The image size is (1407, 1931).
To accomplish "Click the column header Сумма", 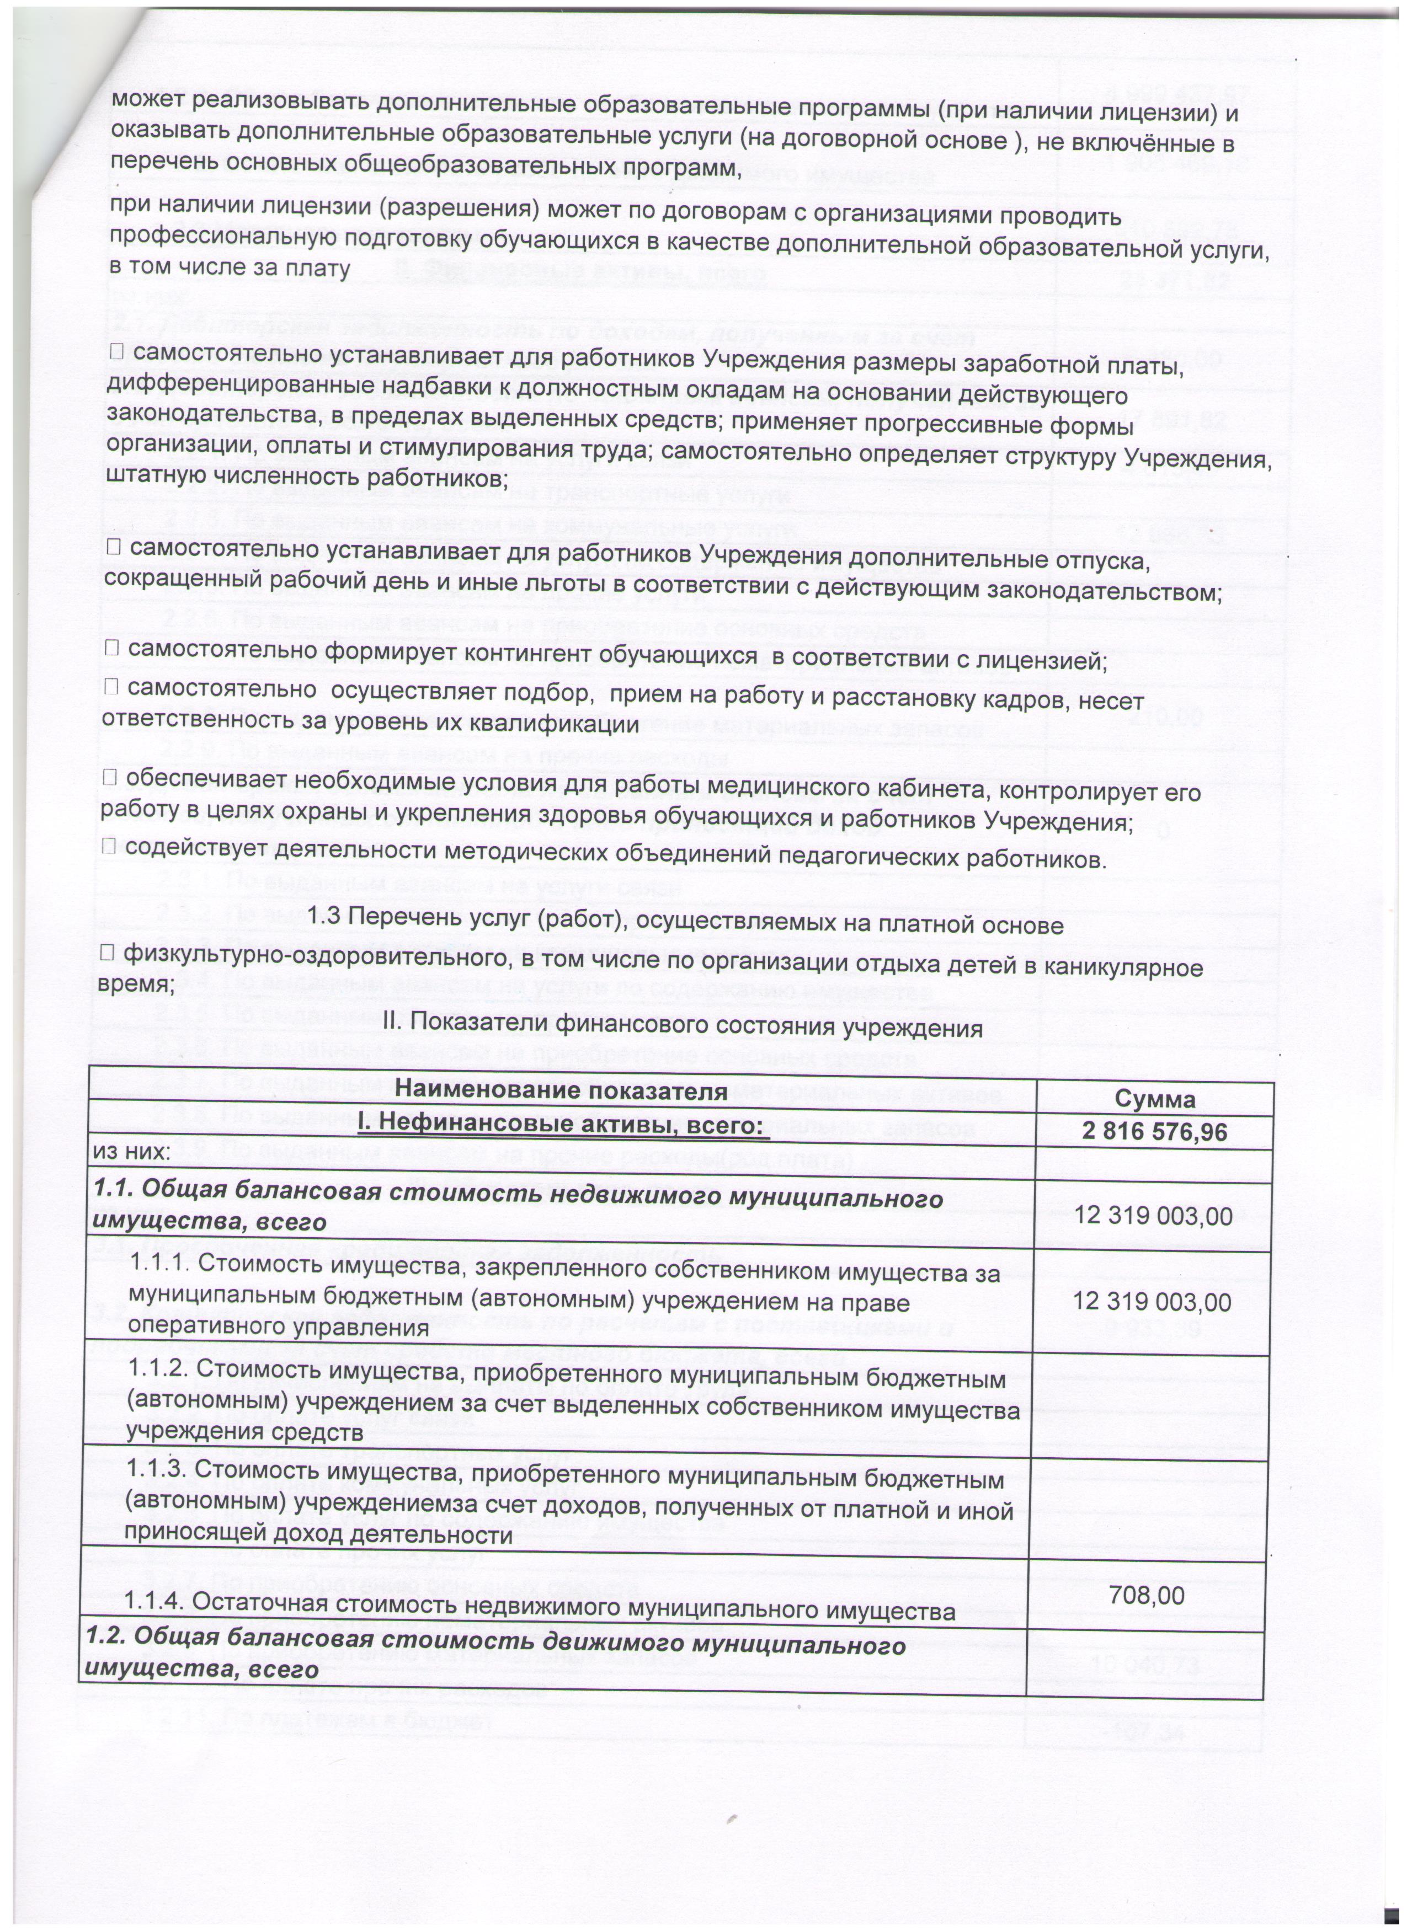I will coord(1155,1100).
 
